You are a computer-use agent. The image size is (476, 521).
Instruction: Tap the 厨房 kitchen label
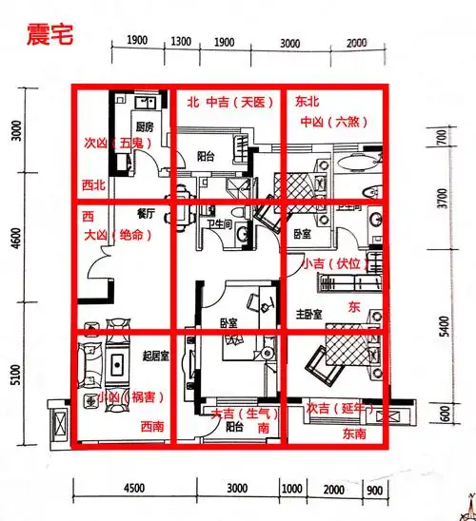(x=144, y=127)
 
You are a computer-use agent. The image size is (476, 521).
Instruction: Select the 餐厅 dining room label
(x=146, y=215)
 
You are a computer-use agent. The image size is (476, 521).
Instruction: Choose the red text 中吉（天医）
(x=233, y=99)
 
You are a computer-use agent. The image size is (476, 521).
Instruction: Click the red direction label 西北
(x=93, y=184)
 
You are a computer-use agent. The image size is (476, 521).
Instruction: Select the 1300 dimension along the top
(x=184, y=42)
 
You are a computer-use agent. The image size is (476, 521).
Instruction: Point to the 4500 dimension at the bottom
(x=133, y=489)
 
